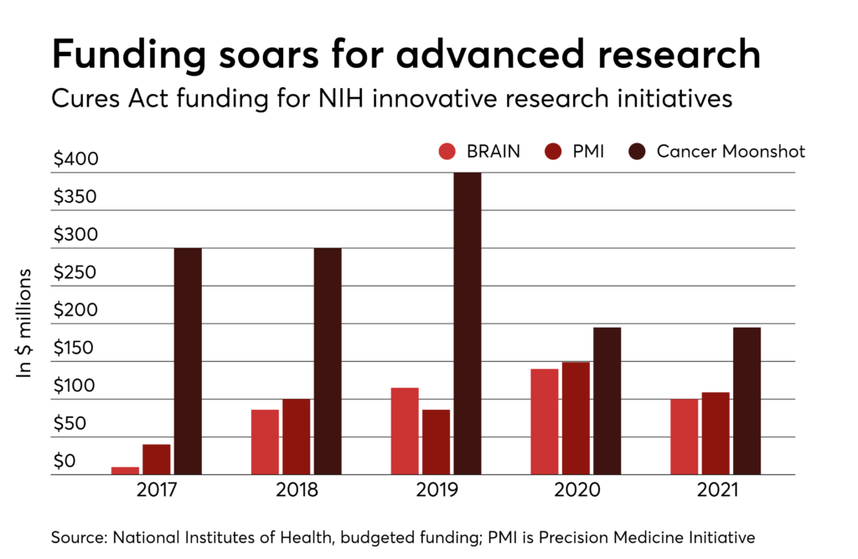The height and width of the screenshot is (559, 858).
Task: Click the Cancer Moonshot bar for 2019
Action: (x=468, y=323)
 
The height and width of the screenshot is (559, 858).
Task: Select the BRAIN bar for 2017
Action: (x=125, y=470)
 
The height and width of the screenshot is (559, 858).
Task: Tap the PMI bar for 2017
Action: (x=157, y=459)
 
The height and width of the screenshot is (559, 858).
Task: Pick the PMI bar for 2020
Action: (x=576, y=418)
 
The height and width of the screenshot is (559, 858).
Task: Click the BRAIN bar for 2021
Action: (x=684, y=437)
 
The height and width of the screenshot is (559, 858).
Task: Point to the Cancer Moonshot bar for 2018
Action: (x=328, y=361)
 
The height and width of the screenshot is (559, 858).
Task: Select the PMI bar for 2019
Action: (x=436, y=442)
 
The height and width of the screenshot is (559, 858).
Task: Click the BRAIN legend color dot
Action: (x=447, y=152)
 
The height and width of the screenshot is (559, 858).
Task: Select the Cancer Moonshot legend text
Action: (x=731, y=152)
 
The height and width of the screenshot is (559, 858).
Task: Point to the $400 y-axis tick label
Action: (x=75, y=159)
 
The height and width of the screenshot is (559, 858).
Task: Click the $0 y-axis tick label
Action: (x=65, y=462)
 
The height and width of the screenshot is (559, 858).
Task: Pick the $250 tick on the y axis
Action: (x=75, y=273)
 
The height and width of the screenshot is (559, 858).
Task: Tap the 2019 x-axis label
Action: (x=436, y=489)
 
